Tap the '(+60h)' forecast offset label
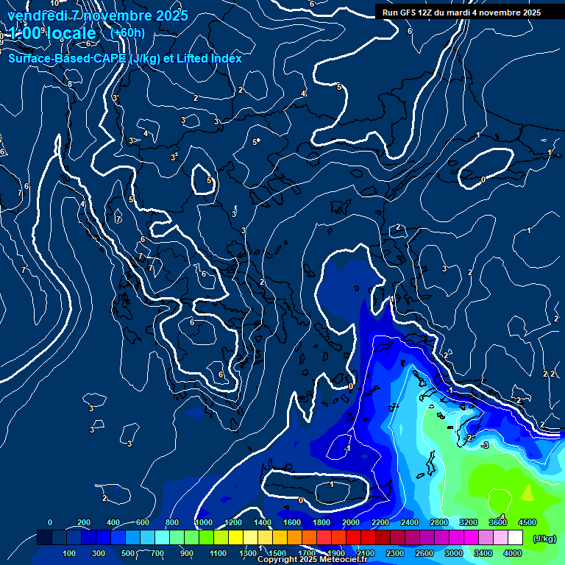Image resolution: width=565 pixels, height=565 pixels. pyautogui.click(x=127, y=32)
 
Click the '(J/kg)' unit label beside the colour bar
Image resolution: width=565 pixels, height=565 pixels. pyautogui.click(x=544, y=539)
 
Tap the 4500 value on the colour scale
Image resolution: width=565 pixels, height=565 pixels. pyautogui.click(x=527, y=522)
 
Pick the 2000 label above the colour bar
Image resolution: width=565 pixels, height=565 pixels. pyautogui.click(x=351, y=522)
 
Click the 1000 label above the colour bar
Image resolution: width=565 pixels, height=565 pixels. pyautogui.click(x=204, y=522)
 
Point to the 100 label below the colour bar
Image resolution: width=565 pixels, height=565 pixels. pyautogui.click(x=70, y=553)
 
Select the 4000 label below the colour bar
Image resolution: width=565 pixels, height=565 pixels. pyautogui.click(x=513, y=553)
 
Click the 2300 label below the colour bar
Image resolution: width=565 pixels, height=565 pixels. pyautogui.click(x=395, y=553)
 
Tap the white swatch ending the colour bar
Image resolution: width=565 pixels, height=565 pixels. pyautogui.click(x=536, y=538)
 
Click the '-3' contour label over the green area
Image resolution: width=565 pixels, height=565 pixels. pyautogui.click(x=485, y=445)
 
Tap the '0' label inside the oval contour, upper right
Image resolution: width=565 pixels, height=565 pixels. pyautogui.click(x=483, y=180)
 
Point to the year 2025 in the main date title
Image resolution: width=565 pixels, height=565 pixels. pyautogui.click(x=167, y=15)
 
